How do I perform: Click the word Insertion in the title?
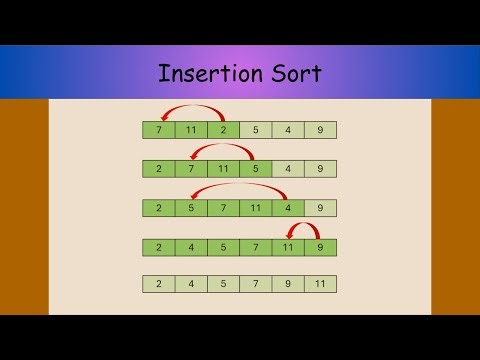click(204, 73)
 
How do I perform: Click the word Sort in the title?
click(295, 73)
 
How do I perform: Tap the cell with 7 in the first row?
click(159, 130)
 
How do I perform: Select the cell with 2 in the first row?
click(224, 130)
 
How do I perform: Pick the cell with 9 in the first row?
click(320, 130)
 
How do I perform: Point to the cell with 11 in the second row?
click(224, 169)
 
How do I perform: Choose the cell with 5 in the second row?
click(256, 169)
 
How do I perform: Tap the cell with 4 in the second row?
click(288, 169)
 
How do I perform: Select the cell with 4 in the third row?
click(288, 208)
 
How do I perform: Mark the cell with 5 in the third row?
click(191, 208)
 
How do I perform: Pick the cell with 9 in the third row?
click(320, 208)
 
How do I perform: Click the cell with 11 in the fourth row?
click(288, 247)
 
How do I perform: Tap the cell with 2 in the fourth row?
click(159, 247)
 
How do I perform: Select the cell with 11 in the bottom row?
click(320, 284)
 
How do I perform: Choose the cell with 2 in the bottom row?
click(159, 284)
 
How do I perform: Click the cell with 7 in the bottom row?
click(256, 284)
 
